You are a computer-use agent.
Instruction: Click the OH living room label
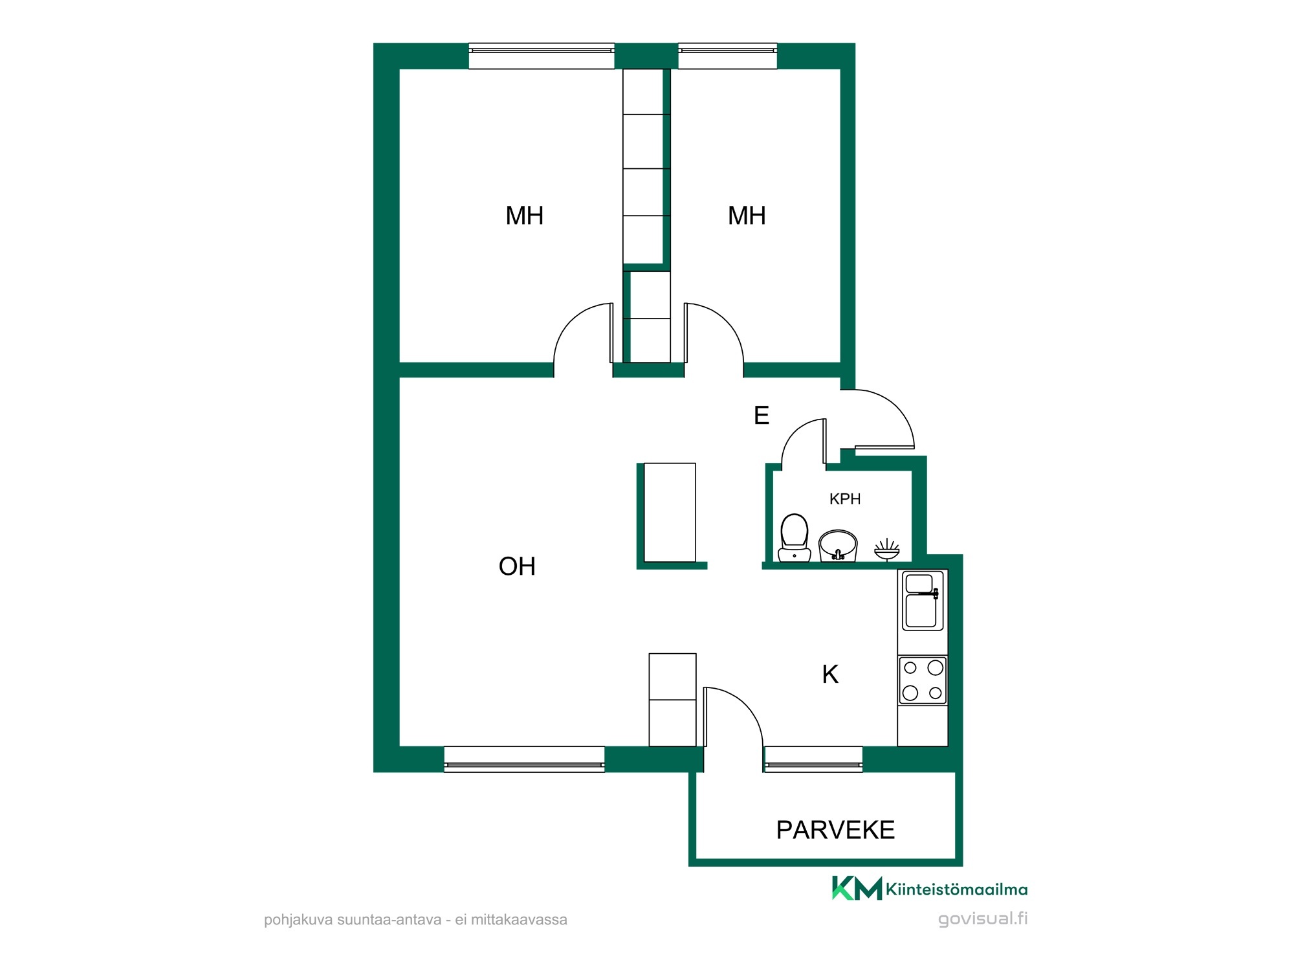click(x=517, y=566)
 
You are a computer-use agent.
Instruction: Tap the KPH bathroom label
click(x=845, y=499)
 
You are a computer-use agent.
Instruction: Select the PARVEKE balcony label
click(x=835, y=830)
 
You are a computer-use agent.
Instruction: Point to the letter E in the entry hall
click(x=762, y=415)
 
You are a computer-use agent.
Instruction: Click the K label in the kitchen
click(x=830, y=675)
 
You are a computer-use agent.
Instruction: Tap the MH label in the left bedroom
click(x=524, y=216)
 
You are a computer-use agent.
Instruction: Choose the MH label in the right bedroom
click(x=747, y=216)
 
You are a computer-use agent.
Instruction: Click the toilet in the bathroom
click(x=795, y=537)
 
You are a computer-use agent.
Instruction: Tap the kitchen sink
click(x=923, y=601)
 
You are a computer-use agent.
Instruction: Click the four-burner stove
click(x=923, y=680)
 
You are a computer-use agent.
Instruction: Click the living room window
click(x=524, y=759)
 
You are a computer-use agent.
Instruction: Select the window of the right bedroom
click(x=727, y=56)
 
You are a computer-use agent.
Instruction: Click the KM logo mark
click(x=857, y=888)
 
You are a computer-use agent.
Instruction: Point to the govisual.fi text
click(x=983, y=919)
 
